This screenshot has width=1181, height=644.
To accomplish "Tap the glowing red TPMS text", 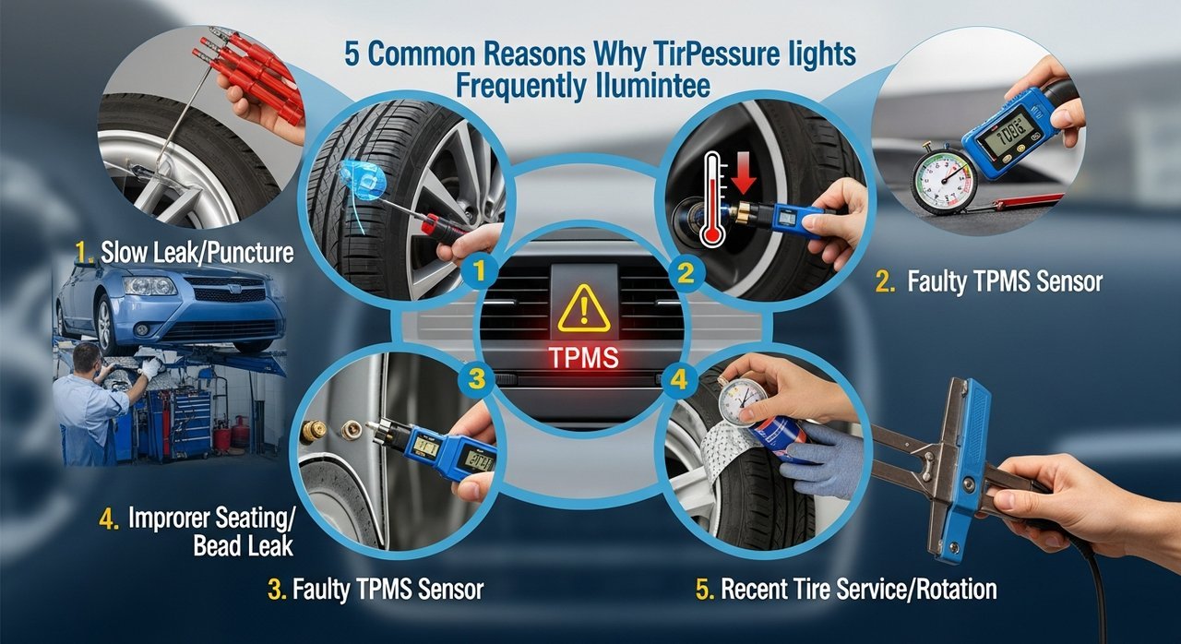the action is tap(584, 358).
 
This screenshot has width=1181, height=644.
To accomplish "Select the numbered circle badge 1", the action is tap(479, 272).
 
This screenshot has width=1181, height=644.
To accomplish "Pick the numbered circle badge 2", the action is tap(686, 274).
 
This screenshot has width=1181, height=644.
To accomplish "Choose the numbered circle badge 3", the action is tap(476, 379).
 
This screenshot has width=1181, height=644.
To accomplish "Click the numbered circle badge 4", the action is tap(678, 379).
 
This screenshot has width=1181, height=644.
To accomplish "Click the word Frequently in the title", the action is tap(520, 86).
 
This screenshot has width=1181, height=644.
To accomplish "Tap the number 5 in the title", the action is tap(352, 54).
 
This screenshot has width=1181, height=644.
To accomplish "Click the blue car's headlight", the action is tap(150, 285).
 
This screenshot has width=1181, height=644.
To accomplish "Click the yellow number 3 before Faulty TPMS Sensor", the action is tap(276, 590).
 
